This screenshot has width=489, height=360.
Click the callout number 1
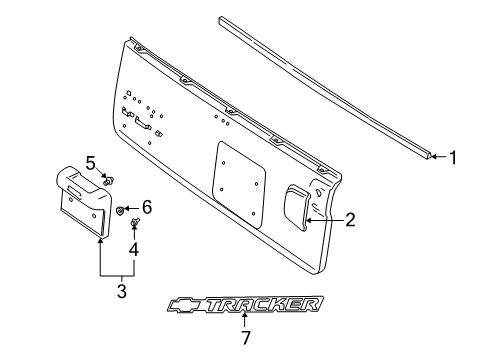[454, 157]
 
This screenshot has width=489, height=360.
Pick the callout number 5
[90, 162]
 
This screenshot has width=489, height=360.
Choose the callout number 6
[146, 208]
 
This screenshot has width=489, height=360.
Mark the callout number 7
[245, 337]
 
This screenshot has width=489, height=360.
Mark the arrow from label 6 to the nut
[131, 209]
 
